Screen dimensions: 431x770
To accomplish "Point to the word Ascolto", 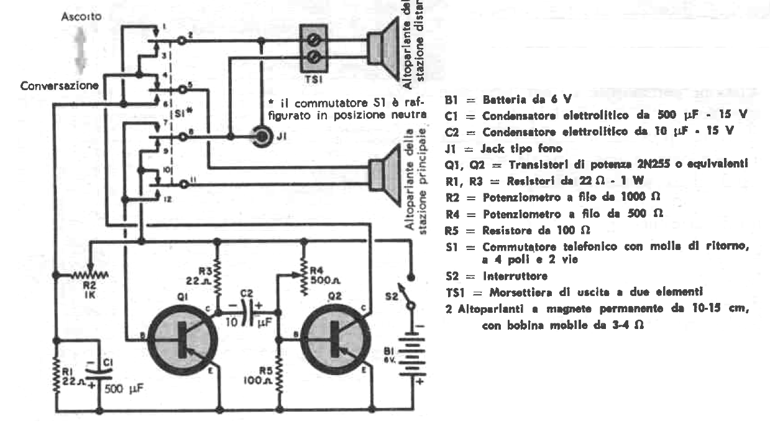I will pyautogui.click(x=78, y=17).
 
